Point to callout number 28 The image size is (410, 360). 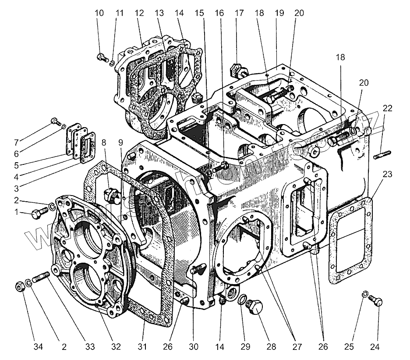(x=271, y=346)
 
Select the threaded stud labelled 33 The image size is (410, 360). (x=40, y=279)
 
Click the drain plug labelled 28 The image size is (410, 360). (x=255, y=307)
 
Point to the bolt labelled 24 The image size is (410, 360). (x=376, y=302)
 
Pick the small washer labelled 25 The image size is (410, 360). (x=364, y=293)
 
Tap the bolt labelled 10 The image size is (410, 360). (x=102, y=57)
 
